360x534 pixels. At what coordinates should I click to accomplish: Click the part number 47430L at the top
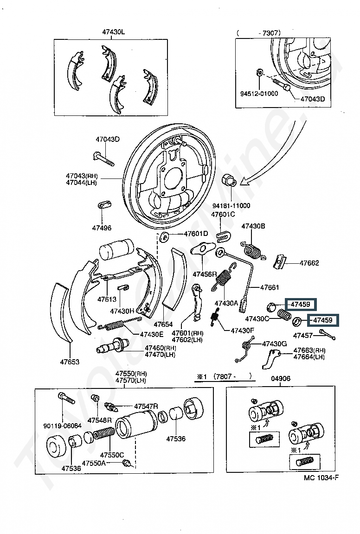pos(114,32)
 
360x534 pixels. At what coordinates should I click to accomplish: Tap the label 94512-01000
pos(259,93)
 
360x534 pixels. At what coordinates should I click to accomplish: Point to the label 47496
pos(102,228)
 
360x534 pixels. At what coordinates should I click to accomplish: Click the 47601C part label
pos(223,214)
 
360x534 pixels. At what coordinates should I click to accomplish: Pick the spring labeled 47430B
pos(253,251)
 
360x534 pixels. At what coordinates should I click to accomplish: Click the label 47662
pos(309,263)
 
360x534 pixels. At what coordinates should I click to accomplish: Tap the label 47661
pos(270,287)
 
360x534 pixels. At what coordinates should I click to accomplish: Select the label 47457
pos(303,335)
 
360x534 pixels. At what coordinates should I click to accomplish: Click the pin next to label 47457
pos(328,334)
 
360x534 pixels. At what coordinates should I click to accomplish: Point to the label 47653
pos(69,362)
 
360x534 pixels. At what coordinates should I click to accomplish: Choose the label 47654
pos(163,324)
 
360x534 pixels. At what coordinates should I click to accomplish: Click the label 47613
pos(107,299)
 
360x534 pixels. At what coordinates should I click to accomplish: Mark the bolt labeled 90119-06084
pos(64,400)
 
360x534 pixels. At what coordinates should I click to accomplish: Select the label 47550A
pos(94,463)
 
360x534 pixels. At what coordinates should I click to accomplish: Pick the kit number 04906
pos(281,378)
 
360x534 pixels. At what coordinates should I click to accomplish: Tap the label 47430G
pos(275,343)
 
